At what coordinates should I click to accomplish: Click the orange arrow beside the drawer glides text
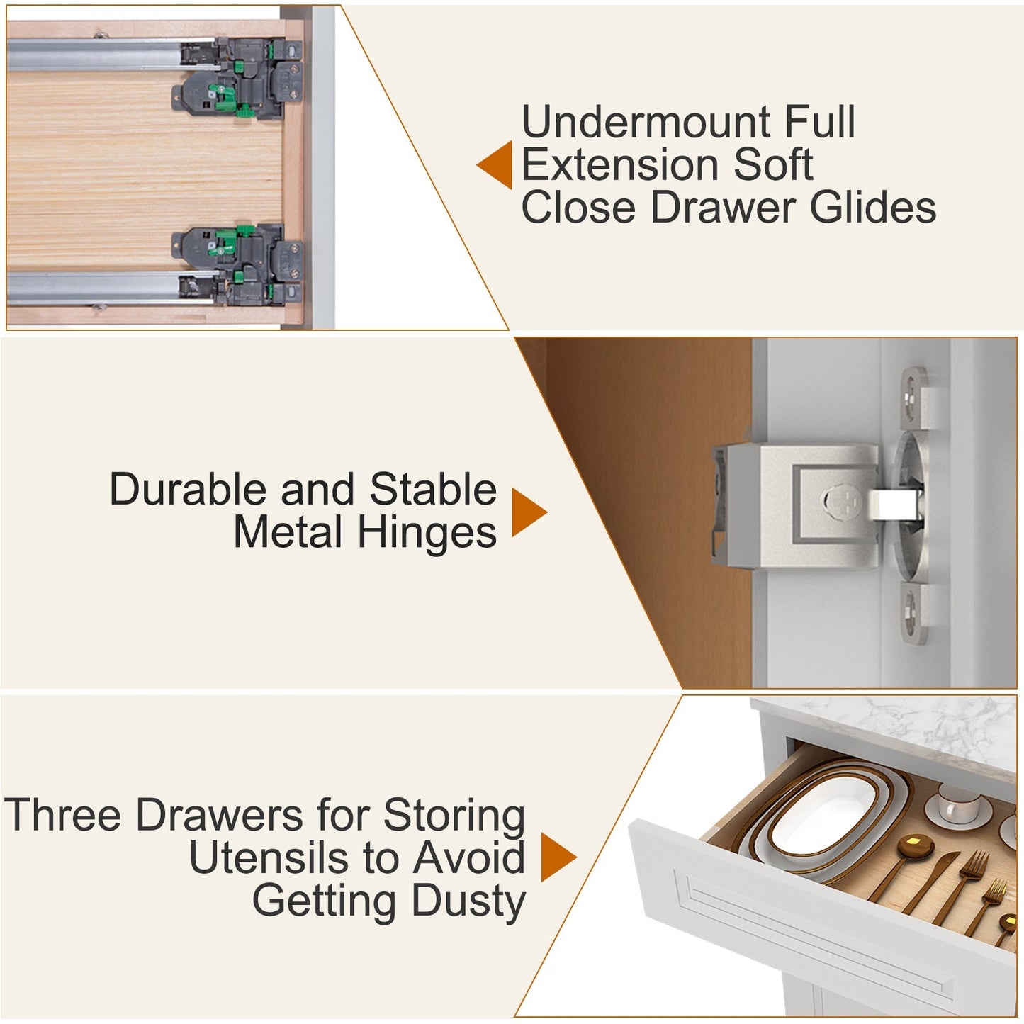[495, 164]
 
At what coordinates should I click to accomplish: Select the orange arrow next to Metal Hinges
[529, 512]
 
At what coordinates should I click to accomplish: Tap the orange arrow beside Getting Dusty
[558, 857]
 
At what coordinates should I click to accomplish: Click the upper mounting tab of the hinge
[915, 397]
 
